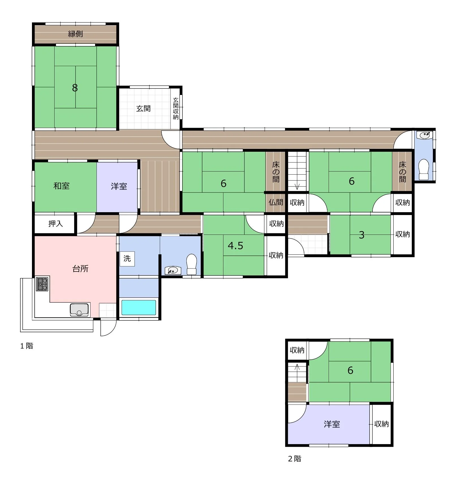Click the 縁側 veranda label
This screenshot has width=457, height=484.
click(x=76, y=34)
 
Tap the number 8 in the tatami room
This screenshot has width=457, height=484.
click(x=75, y=88)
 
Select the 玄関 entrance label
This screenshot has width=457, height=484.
click(x=143, y=108)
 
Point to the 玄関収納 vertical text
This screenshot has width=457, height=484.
click(x=176, y=108)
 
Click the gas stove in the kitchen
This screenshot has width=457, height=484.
click(x=42, y=284)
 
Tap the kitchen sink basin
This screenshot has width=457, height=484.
click(x=79, y=310)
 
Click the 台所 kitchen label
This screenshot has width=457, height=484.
click(x=81, y=268)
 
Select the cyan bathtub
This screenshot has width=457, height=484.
click(x=139, y=307)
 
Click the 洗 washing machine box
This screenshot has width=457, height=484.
click(x=127, y=259)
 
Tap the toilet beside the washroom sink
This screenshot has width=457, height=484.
click(x=192, y=264)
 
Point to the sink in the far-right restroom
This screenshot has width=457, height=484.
click(x=425, y=135)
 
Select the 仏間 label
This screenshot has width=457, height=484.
click(x=276, y=202)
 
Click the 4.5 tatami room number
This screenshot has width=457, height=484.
click(x=236, y=246)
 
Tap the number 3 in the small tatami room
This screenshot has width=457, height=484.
click(x=362, y=235)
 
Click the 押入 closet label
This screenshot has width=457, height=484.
click(x=55, y=224)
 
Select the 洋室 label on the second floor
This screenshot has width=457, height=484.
click(x=332, y=424)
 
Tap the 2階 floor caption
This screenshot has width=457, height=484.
click(x=295, y=459)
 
